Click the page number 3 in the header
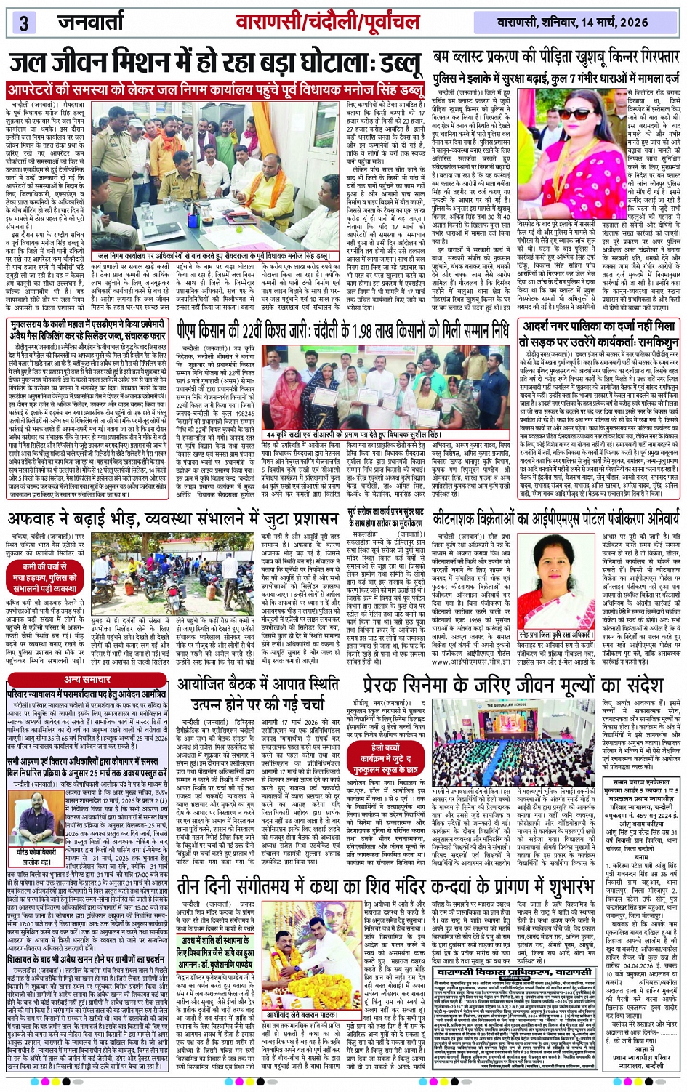(24, 23)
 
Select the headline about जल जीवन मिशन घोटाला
(216, 65)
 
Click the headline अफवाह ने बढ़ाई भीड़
(172, 518)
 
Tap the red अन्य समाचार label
(87, 679)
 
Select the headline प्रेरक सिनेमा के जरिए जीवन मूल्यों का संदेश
(513, 686)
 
